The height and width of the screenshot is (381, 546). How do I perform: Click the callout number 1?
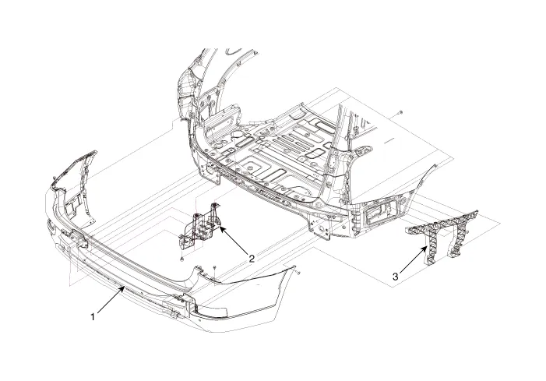click(x=94, y=317)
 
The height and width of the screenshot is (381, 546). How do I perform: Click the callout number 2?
click(x=252, y=258)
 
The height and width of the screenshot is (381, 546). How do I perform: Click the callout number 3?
click(x=396, y=276)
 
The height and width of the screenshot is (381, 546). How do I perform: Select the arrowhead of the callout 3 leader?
click(x=426, y=246)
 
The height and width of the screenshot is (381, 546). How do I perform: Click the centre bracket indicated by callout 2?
click(x=199, y=228)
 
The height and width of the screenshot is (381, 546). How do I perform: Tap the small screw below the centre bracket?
click(x=181, y=258)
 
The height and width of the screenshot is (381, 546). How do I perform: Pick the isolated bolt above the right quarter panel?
click(x=400, y=114)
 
